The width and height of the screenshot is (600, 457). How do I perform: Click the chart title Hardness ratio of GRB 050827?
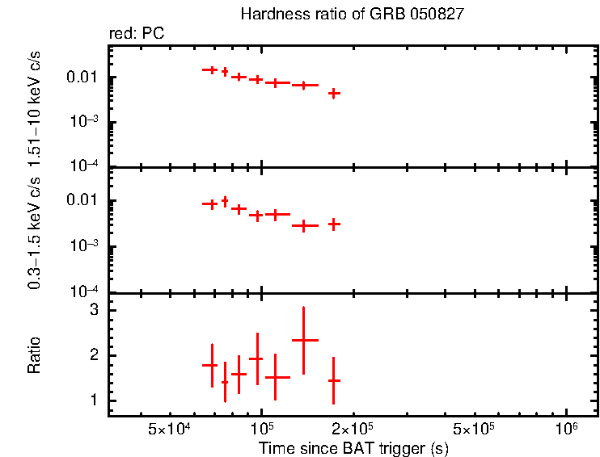tap(352, 15)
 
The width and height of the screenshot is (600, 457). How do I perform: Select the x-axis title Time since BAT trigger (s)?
tap(353, 447)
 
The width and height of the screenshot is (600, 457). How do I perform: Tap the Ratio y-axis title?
tap(34, 355)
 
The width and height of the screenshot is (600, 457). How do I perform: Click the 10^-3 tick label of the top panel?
tap(84, 122)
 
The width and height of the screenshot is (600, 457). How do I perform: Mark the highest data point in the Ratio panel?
tap(303, 340)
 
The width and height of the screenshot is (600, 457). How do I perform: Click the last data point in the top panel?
tap(333, 94)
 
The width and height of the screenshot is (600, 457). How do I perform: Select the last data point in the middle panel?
tap(333, 224)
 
